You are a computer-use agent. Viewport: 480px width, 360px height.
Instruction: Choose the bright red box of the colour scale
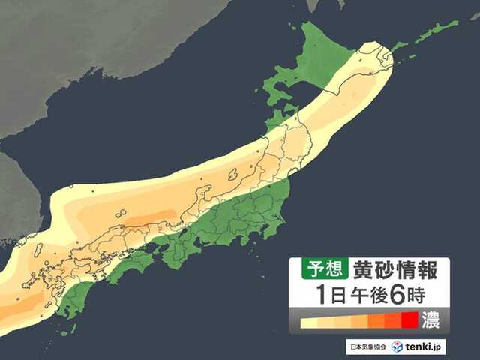(409, 320)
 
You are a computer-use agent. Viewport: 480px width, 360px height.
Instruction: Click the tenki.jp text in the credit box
(426, 347)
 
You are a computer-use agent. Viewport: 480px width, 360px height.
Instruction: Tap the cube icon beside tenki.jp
(397, 346)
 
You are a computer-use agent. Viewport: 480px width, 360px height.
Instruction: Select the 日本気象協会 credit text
(365, 347)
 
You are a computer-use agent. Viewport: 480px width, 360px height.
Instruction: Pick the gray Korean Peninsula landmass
(19, 195)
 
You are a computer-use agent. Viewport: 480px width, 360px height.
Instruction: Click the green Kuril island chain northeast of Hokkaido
(435, 31)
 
